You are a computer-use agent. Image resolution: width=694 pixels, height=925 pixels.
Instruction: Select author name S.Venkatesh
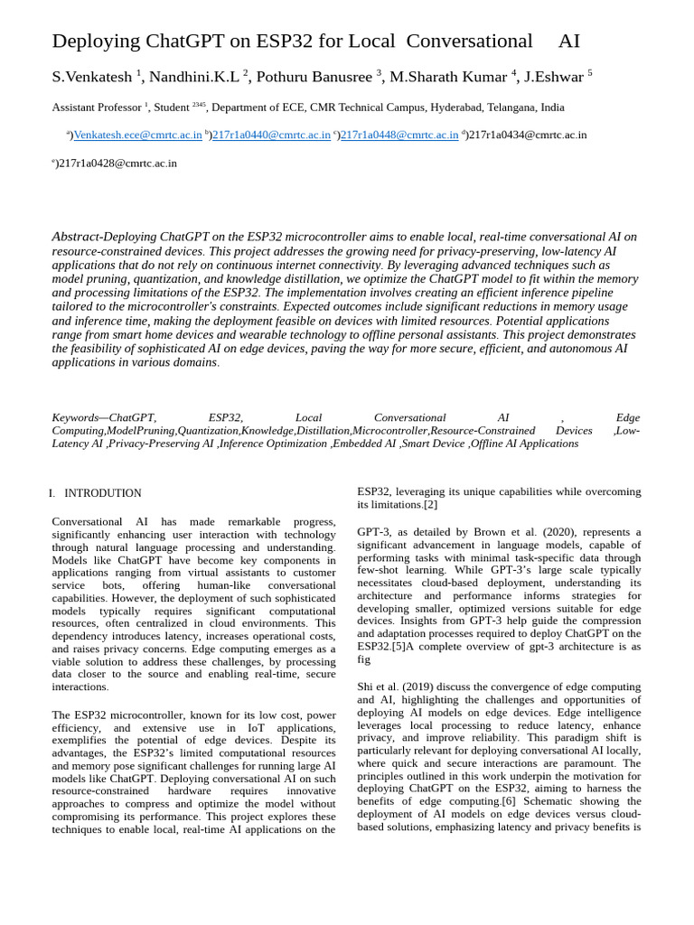(92, 77)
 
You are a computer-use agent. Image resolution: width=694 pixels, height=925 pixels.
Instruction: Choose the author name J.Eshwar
(553, 77)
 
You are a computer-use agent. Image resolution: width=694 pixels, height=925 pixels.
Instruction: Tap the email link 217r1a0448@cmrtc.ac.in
(399, 135)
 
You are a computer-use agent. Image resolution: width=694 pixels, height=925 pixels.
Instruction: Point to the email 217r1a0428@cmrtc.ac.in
(117, 164)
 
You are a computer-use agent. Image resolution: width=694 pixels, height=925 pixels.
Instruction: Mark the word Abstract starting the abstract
(76, 238)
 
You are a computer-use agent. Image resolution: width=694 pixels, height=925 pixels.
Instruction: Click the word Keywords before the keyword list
(75, 418)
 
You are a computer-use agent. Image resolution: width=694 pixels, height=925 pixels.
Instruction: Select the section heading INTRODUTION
(102, 493)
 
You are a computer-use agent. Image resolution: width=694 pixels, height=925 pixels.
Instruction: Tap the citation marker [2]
(430, 505)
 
